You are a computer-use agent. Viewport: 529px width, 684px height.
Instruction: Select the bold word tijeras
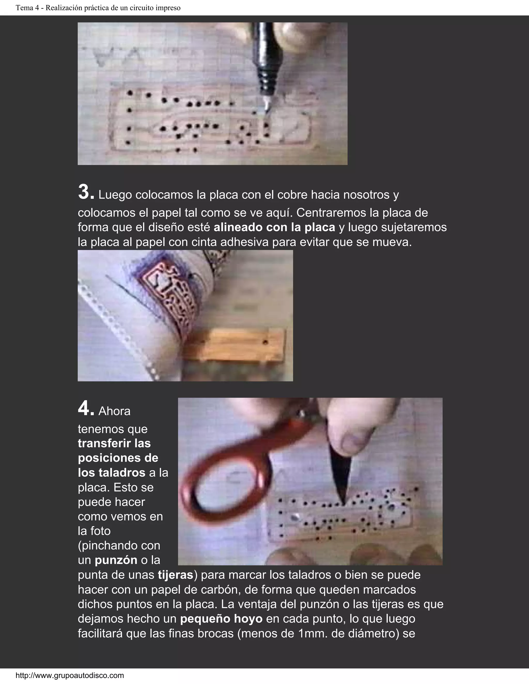tap(175, 575)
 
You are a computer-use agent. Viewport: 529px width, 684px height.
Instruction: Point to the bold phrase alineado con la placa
tap(274, 227)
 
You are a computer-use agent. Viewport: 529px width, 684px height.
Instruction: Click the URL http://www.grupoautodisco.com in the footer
tap(69, 675)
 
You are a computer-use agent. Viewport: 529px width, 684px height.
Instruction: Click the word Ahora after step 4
tap(114, 411)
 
